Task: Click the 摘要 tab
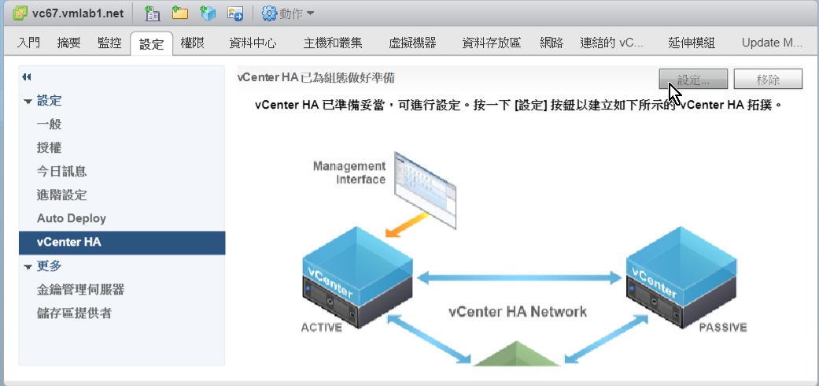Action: [x=68, y=43]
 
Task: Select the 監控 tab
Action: [x=109, y=43]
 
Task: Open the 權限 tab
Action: [x=193, y=43]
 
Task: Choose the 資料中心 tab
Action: [x=253, y=43]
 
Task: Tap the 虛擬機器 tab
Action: [x=412, y=43]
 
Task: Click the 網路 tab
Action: [x=552, y=43]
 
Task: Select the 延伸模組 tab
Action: [x=691, y=43]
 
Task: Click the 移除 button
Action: [x=768, y=80]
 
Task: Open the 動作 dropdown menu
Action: [x=288, y=13]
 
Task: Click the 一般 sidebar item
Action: [x=49, y=124]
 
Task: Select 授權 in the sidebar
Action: [x=49, y=148]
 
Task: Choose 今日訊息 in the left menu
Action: [x=61, y=172]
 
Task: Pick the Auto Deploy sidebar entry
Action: [x=72, y=218]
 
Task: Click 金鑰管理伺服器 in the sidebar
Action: [x=80, y=290]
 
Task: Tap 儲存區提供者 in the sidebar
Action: [x=74, y=314]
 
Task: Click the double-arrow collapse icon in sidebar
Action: [x=27, y=77]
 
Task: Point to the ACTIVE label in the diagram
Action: [x=322, y=328]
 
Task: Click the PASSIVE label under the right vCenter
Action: [x=722, y=328]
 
